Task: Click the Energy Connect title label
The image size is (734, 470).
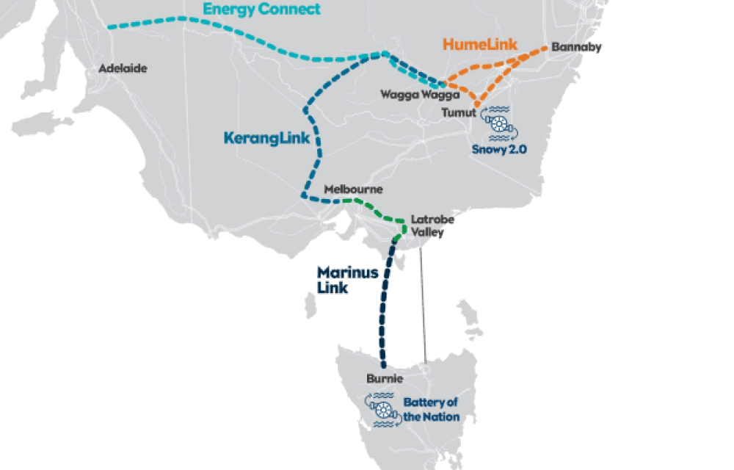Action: pos(262,10)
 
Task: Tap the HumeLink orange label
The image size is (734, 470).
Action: pos(480,45)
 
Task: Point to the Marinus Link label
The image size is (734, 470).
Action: pos(347,280)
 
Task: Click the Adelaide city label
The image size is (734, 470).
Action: pos(123,68)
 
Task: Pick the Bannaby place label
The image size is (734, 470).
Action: pos(576,48)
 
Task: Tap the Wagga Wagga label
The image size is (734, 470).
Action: pos(420,95)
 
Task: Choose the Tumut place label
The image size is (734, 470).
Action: pos(458,112)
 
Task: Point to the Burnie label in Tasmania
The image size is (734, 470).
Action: pos(384,379)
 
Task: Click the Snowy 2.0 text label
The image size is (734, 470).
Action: pos(501,148)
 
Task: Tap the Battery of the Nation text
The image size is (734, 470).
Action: pos(431,410)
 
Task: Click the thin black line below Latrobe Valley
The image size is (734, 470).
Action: pos(422,308)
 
